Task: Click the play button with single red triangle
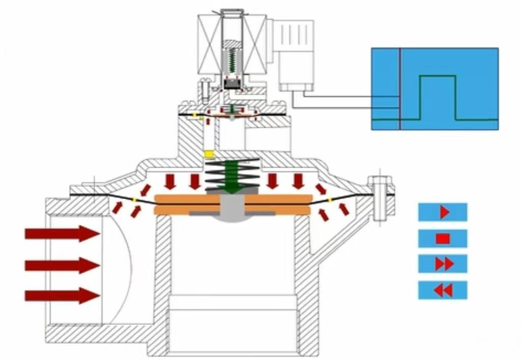point(443,212)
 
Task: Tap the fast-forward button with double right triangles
point(443,264)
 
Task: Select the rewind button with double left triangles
point(443,290)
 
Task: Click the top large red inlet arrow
point(62,234)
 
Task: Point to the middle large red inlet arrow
point(62,265)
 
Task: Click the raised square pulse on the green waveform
point(437,97)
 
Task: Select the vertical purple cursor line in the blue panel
point(400,89)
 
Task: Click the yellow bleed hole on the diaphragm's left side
point(134,200)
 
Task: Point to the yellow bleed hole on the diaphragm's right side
point(330,200)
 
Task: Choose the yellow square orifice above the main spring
point(208,154)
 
